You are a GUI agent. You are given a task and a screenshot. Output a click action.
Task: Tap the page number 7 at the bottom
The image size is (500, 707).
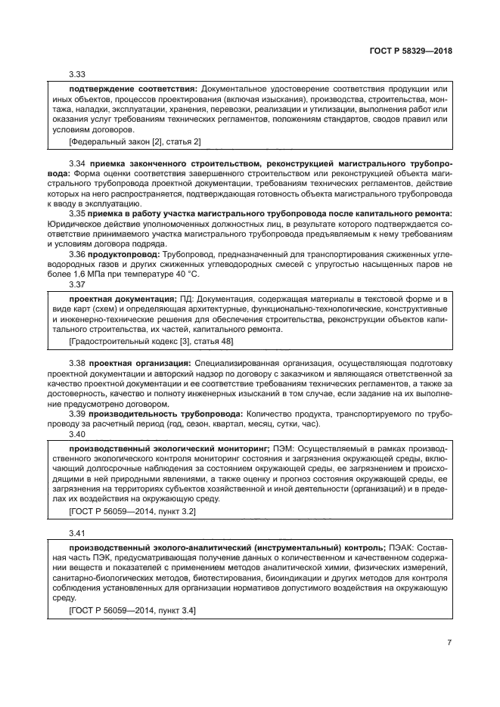pyautogui.click(x=449, y=643)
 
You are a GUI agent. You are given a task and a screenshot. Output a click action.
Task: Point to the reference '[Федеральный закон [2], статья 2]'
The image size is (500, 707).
pyautogui.click(x=135, y=141)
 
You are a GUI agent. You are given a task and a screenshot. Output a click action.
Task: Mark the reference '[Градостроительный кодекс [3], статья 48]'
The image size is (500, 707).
pyautogui.click(x=151, y=343)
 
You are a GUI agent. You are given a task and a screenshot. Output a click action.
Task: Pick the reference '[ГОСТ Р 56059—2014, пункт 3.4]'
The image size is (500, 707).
pyautogui.click(x=132, y=609)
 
